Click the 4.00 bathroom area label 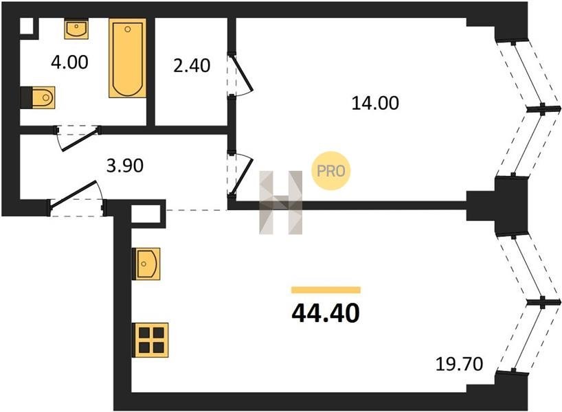[x=69, y=62]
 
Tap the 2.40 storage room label [x=192, y=66]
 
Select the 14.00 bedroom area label [x=375, y=103]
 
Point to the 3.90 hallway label [x=125, y=165]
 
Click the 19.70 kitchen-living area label [x=459, y=365]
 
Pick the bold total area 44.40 [x=326, y=313]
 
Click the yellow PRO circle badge [x=330, y=171]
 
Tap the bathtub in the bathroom [x=128, y=58]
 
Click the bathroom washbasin [x=76, y=30]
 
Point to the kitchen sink [x=146, y=264]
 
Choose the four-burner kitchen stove [x=150, y=340]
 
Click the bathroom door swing [x=77, y=138]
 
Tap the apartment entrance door [x=77, y=199]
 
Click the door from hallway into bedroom [x=240, y=174]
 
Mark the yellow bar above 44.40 [x=326, y=290]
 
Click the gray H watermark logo [x=280, y=203]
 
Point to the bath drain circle [x=127, y=30]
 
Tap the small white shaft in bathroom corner [x=27, y=26]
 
